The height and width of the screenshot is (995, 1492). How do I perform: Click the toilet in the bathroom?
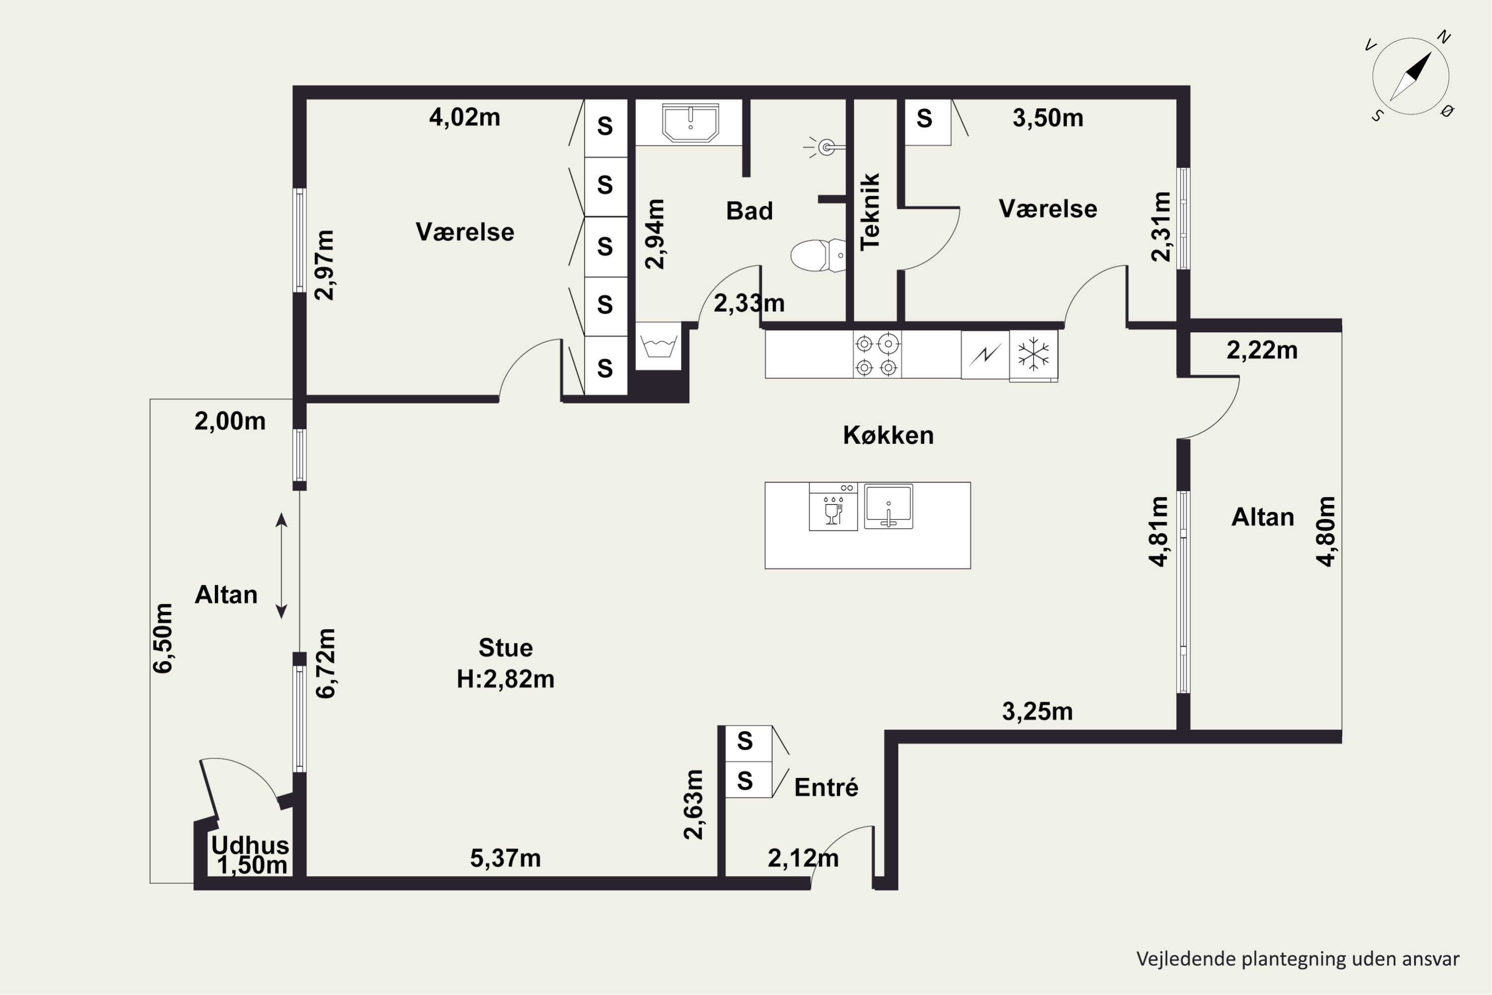pyautogui.click(x=818, y=256)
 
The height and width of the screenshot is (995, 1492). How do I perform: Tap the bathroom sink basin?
pyautogui.click(x=690, y=123)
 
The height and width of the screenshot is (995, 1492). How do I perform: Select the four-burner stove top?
pyautogui.click(x=877, y=355)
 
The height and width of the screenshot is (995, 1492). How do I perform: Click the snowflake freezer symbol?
pyautogui.click(x=1033, y=354)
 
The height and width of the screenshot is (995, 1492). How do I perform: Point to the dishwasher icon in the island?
pyautogui.click(x=833, y=506)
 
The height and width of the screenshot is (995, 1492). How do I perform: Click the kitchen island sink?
pyautogui.click(x=888, y=506)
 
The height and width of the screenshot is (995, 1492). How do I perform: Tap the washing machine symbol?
pyautogui.click(x=658, y=346)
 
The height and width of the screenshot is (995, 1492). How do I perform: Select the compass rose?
pyautogui.click(x=1411, y=76)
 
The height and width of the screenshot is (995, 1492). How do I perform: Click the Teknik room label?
pyautogui.click(x=870, y=212)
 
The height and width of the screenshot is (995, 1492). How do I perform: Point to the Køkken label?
pyautogui.click(x=888, y=435)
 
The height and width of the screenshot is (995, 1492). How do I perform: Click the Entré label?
pyautogui.click(x=826, y=788)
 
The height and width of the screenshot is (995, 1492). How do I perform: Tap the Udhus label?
pyautogui.click(x=250, y=845)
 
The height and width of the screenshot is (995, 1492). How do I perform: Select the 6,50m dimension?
pyautogui.click(x=163, y=638)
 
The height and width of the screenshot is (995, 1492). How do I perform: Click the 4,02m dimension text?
pyautogui.click(x=465, y=117)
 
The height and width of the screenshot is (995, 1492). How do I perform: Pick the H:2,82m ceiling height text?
pyautogui.click(x=506, y=679)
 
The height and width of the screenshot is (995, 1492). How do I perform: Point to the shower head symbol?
pyautogui.click(x=824, y=148)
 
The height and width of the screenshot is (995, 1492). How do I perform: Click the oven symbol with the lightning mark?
pyautogui.click(x=985, y=355)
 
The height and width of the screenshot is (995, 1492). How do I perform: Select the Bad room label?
pyautogui.click(x=749, y=210)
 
